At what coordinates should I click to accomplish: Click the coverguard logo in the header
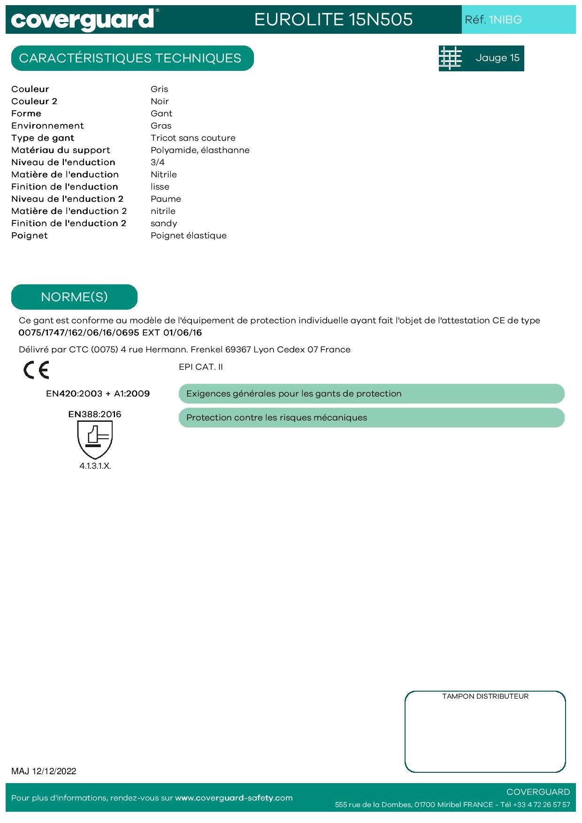tap(83, 20)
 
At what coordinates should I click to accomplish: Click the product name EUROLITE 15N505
tap(333, 19)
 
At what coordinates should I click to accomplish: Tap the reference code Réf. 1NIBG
tap(493, 20)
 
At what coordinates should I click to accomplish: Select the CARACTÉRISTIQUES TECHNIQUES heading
tap(130, 58)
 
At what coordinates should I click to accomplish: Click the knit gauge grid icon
tap(450, 58)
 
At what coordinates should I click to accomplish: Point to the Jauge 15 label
tap(498, 58)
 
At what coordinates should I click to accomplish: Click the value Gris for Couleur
tap(159, 89)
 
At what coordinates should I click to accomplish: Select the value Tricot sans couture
tap(193, 138)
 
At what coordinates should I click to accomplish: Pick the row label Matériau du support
tap(61, 150)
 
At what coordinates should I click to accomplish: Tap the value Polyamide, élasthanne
tap(200, 150)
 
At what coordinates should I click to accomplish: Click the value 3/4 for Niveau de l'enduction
tap(157, 162)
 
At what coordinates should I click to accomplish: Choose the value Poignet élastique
tap(188, 236)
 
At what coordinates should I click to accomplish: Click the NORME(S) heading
tap(74, 297)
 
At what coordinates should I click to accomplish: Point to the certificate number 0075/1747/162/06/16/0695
tap(79, 333)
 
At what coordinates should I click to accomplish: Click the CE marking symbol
tap(36, 370)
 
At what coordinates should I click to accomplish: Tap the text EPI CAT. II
tap(200, 367)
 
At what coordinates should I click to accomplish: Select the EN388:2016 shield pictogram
tap(95, 439)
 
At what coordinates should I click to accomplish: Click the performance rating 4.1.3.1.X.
tap(95, 466)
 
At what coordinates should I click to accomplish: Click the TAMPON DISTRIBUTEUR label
tap(485, 696)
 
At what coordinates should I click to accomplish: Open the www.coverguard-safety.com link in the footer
tap(234, 798)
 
